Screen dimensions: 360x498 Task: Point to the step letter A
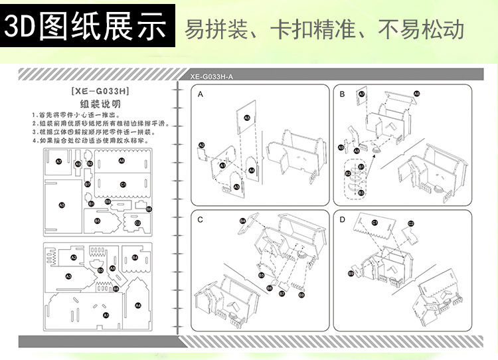click(201, 95)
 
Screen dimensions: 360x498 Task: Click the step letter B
click(342, 95)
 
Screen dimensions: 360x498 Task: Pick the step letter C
click(201, 219)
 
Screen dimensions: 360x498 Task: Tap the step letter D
click(342, 219)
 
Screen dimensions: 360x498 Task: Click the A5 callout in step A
click(247, 118)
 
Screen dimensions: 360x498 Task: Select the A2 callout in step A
click(201, 145)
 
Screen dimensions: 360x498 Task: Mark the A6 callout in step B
click(417, 94)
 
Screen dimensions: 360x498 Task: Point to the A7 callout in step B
click(362, 94)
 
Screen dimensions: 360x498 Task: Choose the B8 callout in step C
click(301, 294)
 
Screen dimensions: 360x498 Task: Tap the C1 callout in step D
click(374, 223)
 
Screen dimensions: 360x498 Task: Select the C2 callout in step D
click(411, 223)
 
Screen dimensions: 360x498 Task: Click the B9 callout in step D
click(350, 273)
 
